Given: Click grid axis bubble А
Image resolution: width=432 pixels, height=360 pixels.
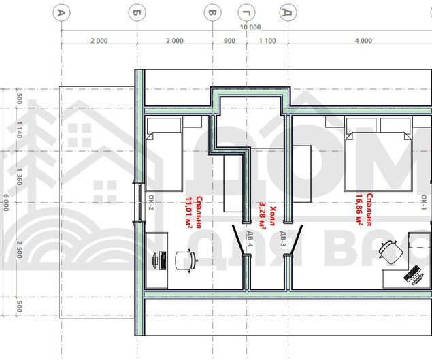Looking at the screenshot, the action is (x=61, y=13).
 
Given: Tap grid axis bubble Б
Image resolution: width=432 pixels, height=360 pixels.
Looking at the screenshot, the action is (x=137, y=13).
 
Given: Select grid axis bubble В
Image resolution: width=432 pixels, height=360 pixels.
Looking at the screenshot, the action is (x=212, y=13).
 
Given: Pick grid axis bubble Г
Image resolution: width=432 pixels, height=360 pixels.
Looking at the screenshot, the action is (x=246, y=13).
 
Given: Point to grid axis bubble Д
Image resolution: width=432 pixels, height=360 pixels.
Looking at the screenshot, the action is (x=288, y=13).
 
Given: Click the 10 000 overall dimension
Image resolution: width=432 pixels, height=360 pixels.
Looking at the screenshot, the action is (x=250, y=27).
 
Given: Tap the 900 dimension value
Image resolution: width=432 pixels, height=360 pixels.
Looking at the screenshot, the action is (x=229, y=41).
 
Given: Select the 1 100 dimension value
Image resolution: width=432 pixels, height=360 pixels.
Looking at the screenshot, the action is (x=267, y=41).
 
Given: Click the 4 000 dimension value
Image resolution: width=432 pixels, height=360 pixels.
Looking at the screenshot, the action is (x=363, y=41).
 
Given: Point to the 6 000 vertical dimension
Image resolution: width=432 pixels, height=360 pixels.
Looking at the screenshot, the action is (x=6, y=203).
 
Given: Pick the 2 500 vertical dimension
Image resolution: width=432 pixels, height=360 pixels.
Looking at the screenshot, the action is (x=19, y=250).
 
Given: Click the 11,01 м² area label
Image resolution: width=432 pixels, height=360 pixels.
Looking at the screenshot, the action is (x=189, y=212).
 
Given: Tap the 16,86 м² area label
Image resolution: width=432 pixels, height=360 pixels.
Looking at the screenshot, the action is (x=359, y=210).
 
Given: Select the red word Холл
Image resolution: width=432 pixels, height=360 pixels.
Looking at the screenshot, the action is (x=273, y=216).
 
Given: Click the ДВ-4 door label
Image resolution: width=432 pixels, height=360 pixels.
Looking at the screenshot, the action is (x=250, y=239).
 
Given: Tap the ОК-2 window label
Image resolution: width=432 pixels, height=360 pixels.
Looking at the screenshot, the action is (x=151, y=202).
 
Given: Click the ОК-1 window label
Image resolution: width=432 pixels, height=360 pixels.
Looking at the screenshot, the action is (x=425, y=202).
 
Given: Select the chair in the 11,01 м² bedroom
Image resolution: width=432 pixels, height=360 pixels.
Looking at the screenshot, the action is (x=186, y=261).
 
